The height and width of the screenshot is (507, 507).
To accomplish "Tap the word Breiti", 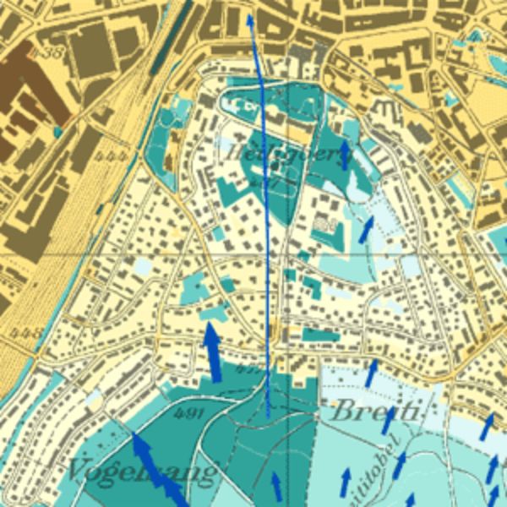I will click(x=374, y=412).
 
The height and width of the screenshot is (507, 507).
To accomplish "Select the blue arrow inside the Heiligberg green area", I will click(x=344, y=153).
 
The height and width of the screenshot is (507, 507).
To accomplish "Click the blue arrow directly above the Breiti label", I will click(x=371, y=372).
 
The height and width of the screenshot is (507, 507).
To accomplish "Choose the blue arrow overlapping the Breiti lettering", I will click(x=389, y=417).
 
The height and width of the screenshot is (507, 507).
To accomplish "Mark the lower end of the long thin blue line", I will click(x=268, y=416).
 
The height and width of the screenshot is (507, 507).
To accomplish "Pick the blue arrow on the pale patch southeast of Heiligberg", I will click(x=366, y=228).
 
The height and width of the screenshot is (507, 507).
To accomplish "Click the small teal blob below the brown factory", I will click(x=57, y=132).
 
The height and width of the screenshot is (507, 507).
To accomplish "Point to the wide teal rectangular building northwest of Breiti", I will click(x=320, y=335).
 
